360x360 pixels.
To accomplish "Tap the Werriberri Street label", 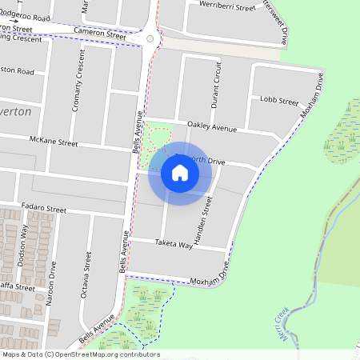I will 229,6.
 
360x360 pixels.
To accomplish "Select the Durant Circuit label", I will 216,87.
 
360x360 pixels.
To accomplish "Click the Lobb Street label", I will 279,101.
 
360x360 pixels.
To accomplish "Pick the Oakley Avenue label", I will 212,127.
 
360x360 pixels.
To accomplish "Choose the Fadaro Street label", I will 44,209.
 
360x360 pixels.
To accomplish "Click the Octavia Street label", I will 86,276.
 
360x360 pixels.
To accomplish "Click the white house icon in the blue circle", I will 179,173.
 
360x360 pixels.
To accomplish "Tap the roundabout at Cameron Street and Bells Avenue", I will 150,38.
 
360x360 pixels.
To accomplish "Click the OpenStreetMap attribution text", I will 80,354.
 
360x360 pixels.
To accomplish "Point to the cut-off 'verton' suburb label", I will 16,112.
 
